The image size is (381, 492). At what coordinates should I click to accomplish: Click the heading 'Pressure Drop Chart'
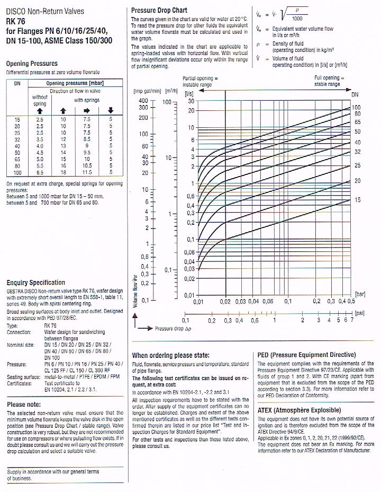click(159, 10)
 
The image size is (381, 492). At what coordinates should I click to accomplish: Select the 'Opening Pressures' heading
click(32, 64)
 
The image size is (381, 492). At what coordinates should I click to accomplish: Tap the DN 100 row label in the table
click(17, 173)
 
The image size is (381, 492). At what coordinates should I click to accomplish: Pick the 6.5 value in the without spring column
click(40, 173)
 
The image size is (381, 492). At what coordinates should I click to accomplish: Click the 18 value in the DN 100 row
click(63, 173)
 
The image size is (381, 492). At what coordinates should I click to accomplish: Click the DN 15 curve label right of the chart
click(357, 200)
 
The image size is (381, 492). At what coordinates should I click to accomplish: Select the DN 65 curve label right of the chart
click(357, 122)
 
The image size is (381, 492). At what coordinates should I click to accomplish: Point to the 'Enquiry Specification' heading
click(36, 283)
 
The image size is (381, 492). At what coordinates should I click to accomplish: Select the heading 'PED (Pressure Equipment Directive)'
click(306, 355)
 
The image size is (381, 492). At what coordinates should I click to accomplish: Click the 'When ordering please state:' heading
click(170, 355)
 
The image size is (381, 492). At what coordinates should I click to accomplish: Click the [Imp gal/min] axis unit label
click(148, 92)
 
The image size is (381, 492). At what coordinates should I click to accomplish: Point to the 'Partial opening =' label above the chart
click(197, 78)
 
